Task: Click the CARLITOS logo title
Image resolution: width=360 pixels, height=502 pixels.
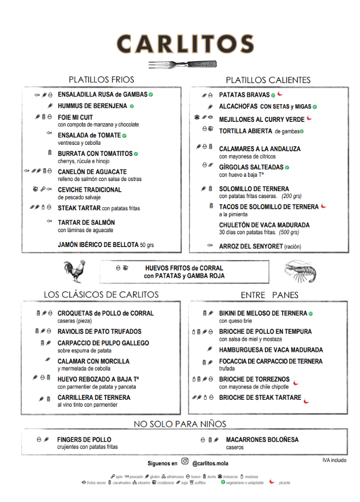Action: (x=185, y=44)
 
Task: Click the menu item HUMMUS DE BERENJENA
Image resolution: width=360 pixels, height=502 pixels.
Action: (x=93, y=106)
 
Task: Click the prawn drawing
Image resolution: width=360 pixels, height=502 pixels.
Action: (x=300, y=272)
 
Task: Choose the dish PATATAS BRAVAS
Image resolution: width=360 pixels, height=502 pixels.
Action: (x=244, y=95)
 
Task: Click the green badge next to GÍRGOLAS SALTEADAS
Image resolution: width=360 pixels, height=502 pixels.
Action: (x=287, y=167)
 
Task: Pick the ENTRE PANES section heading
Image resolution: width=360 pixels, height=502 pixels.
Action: (x=269, y=295)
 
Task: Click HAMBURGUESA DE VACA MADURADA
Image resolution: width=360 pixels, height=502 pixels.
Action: (x=271, y=350)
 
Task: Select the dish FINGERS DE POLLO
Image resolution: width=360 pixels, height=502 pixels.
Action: (x=84, y=440)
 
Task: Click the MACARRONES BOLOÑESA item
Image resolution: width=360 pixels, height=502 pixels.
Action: (x=262, y=440)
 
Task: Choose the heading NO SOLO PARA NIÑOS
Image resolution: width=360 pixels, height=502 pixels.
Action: (x=179, y=424)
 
